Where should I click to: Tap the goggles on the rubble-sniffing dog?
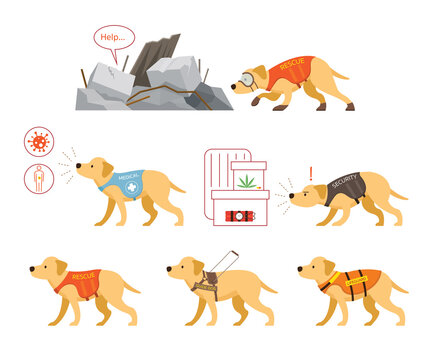pos(246,80)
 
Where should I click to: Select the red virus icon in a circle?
pos(39,141)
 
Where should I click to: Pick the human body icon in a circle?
pos(39,178)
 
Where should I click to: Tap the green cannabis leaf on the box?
pos(246,180)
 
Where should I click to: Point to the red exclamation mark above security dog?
pos(311,172)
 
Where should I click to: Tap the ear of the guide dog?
pos(190,267)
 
